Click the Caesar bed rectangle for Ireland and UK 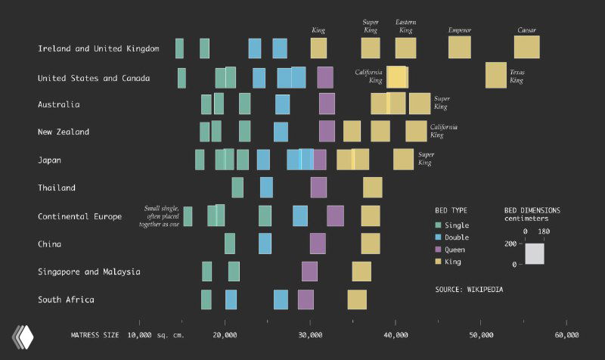[x=527, y=47]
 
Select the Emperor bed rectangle [x=459, y=47]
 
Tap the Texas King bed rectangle [x=496, y=76]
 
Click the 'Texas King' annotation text [x=517, y=76]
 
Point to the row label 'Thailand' [x=57, y=188]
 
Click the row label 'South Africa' [x=66, y=299]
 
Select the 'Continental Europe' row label [x=79, y=216]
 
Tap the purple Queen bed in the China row [x=318, y=244]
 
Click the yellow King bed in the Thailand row [x=372, y=188]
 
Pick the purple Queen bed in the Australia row [x=327, y=104]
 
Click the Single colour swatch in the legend [x=439, y=225]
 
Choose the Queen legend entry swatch [x=439, y=250]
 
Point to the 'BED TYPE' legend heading [x=451, y=209]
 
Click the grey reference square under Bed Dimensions [x=535, y=253]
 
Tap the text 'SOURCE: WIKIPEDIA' [x=469, y=289]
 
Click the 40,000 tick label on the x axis [x=396, y=334]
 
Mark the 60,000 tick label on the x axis [x=566, y=334]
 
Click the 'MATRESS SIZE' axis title [x=95, y=334]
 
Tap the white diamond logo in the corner [x=23, y=335]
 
